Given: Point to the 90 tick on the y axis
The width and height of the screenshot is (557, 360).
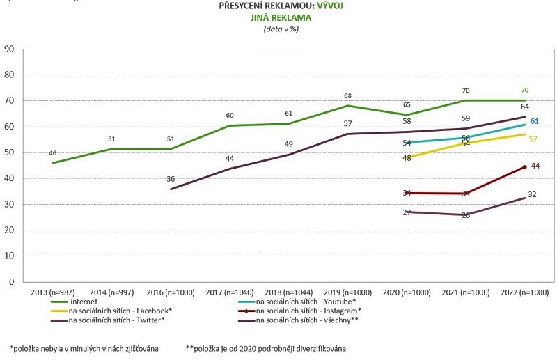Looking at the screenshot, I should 10,49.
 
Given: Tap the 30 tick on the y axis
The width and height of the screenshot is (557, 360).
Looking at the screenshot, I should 10,204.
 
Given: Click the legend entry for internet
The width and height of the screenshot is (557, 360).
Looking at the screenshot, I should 84,301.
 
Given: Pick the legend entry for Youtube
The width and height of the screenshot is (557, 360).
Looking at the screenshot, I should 306,301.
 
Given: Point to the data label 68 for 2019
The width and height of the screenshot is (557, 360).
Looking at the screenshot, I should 347,95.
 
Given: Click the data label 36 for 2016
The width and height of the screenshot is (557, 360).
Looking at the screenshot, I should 171,179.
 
